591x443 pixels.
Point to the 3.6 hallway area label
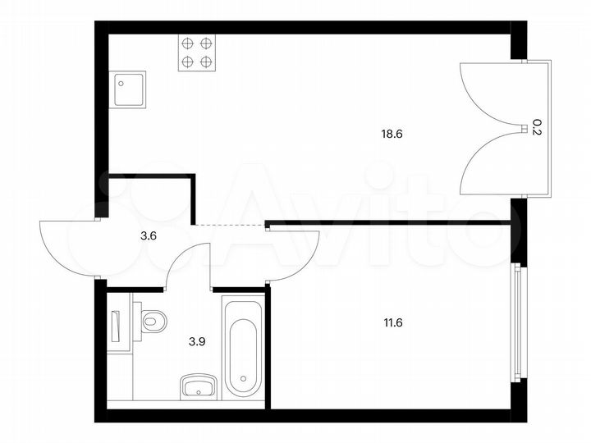tap(148, 235)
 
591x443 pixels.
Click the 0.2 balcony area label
tap(536, 126)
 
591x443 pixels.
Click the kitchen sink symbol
tap(127, 89)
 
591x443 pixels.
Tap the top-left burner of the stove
tap(188, 43)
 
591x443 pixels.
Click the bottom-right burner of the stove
tap(206, 61)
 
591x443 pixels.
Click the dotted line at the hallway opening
tap(230, 224)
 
